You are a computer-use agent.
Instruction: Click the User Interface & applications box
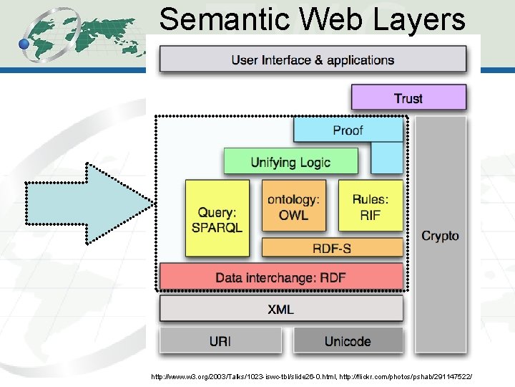[313, 59]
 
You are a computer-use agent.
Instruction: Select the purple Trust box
[408, 98]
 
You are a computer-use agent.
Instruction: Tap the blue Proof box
[348, 130]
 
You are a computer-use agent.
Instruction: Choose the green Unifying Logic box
[290, 161]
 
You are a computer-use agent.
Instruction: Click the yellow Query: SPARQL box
[217, 219]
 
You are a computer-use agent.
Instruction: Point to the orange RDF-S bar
[332, 248]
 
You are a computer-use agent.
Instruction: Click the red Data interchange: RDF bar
[281, 277]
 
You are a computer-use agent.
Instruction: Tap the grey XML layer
[281, 310]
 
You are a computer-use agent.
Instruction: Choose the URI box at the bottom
[220, 340]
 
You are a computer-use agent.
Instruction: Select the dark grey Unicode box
[348, 340]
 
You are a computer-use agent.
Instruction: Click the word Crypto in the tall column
[440, 235]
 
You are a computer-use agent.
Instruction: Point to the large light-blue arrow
[89, 204]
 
